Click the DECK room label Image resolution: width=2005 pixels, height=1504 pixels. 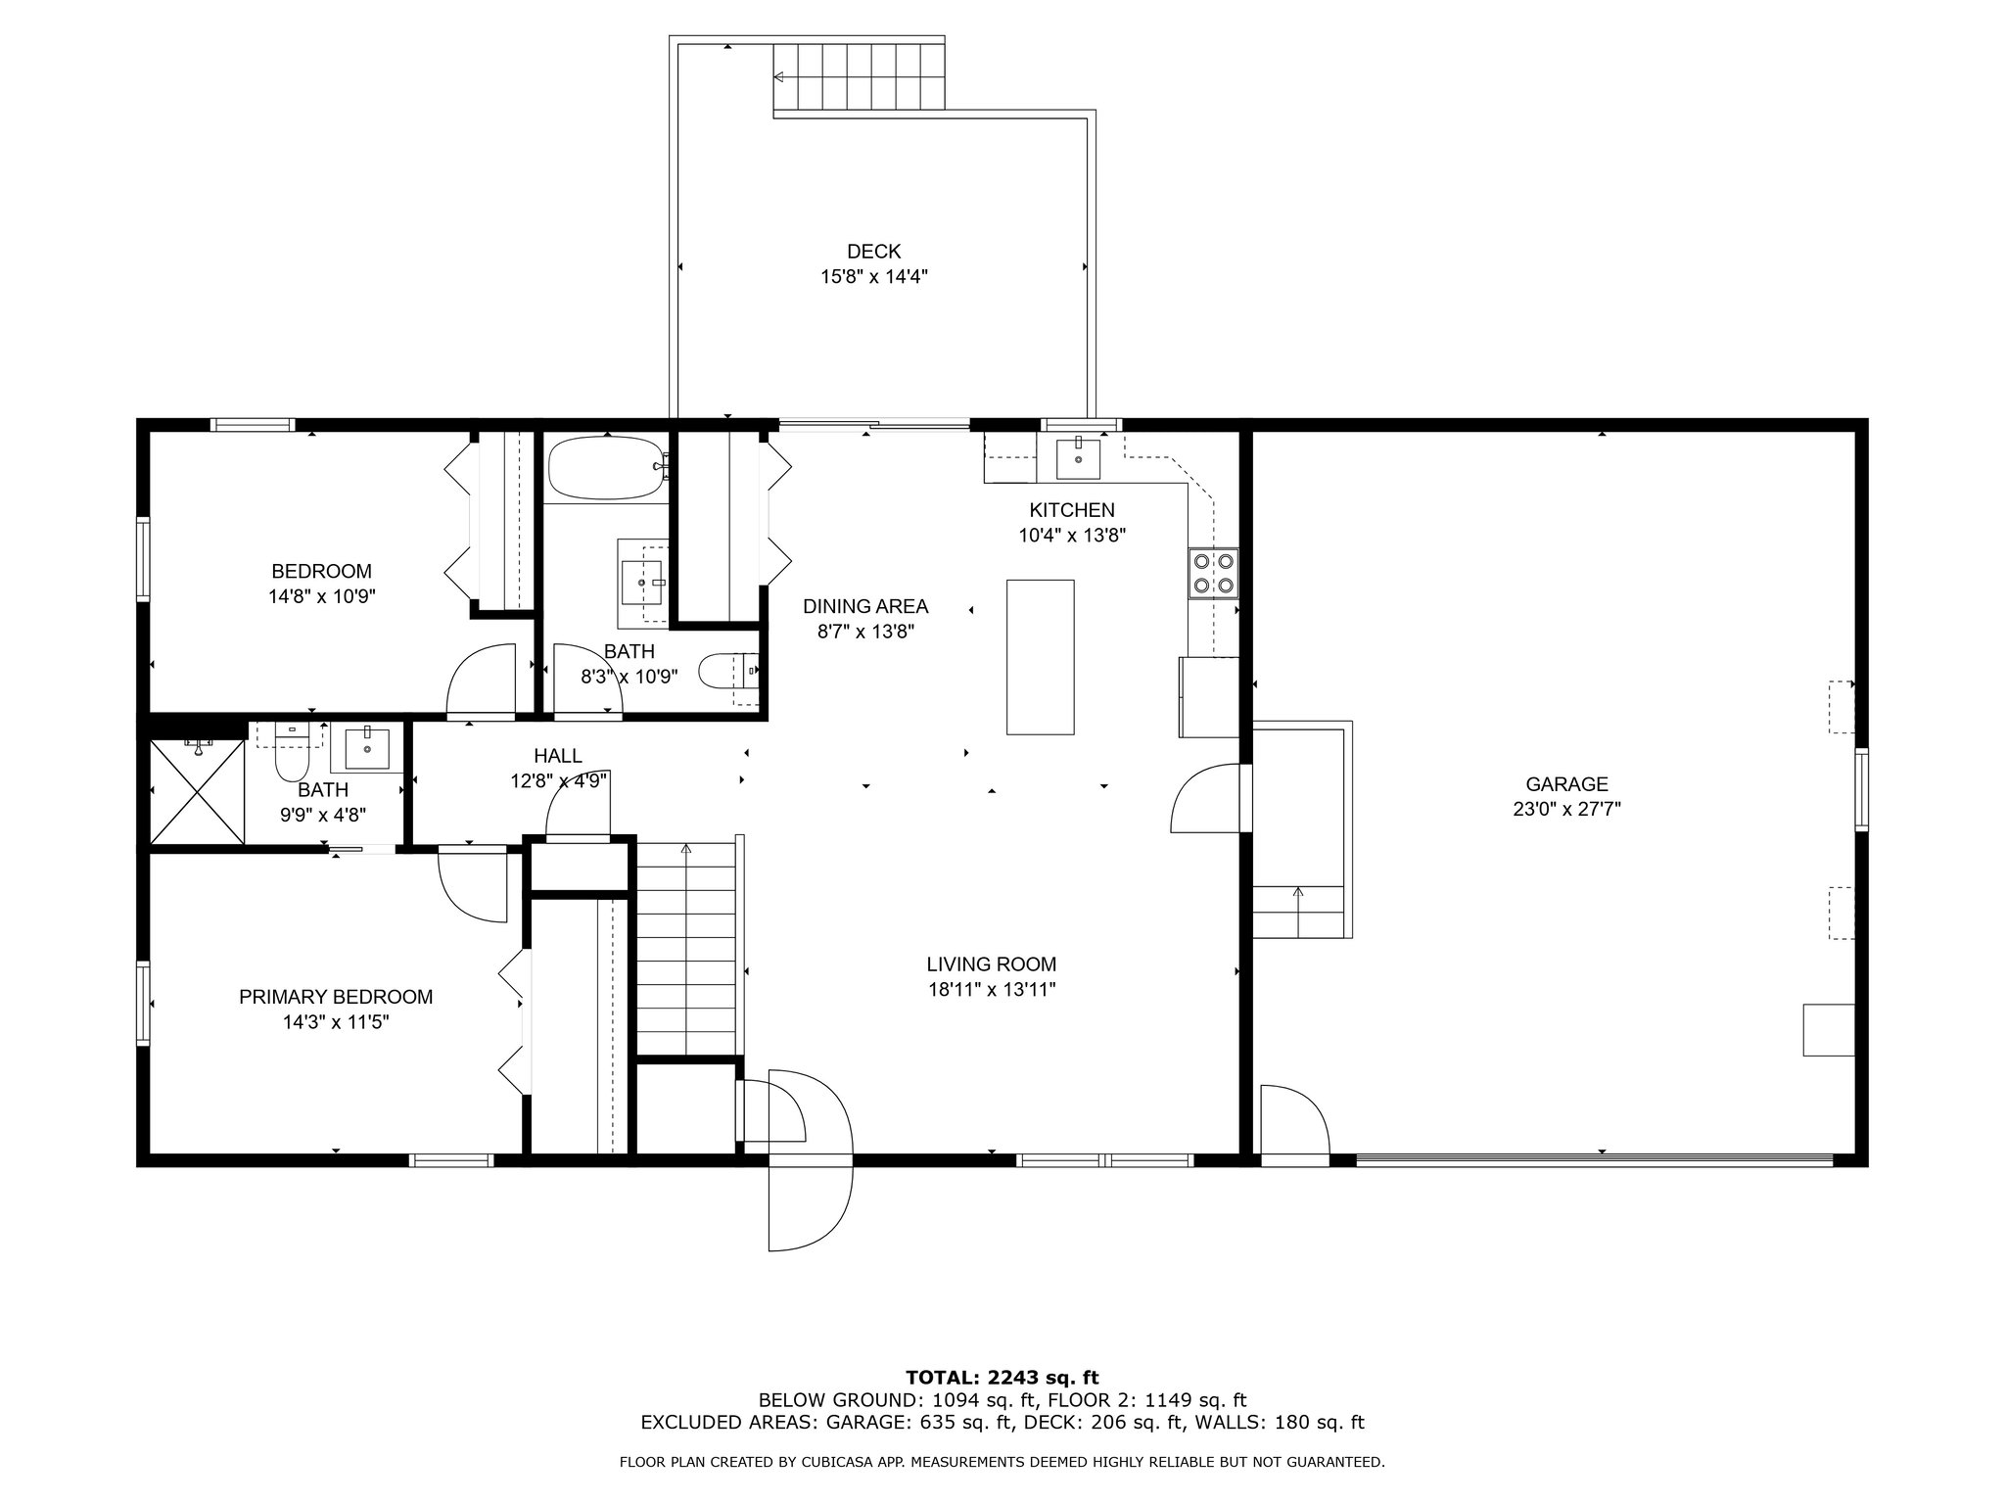873,252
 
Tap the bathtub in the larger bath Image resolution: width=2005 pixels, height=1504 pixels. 606,468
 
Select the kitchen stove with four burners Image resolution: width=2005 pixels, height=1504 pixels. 1213,574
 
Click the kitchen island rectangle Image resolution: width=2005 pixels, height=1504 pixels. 1041,657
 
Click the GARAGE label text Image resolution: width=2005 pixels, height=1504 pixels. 1566,784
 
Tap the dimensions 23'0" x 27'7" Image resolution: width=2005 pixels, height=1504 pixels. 1566,810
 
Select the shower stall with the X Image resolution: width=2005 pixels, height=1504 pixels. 197,791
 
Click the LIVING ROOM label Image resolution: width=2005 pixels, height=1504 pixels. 992,964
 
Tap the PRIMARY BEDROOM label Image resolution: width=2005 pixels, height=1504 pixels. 336,997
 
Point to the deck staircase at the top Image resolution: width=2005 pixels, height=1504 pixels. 859,78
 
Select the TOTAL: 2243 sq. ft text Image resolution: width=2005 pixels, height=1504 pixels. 1002,1378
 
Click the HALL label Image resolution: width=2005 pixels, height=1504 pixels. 558,756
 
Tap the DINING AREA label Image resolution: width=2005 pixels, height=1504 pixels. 865,607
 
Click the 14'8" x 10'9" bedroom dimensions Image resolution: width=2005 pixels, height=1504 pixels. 322,596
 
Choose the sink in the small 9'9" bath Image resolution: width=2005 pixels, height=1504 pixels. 367,749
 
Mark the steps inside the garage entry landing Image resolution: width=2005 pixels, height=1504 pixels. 1298,912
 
